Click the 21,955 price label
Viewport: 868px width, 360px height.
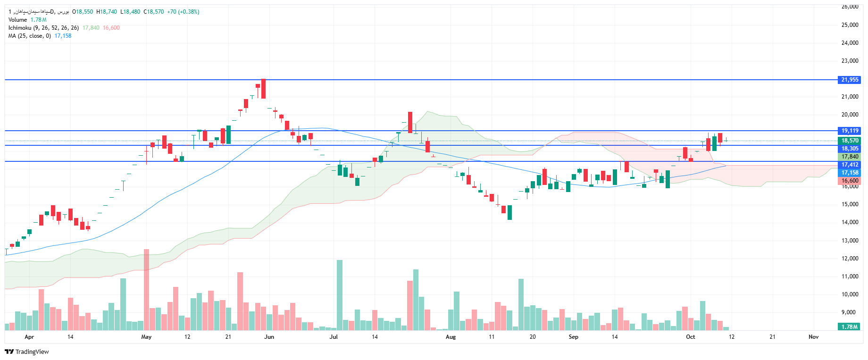(x=850, y=80)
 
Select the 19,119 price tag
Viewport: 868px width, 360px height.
(x=850, y=131)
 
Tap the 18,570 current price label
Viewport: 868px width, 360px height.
(x=850, y=141)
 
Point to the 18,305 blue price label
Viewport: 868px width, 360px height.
(x=850, y=149)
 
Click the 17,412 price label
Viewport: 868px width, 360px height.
(x=850, y=165)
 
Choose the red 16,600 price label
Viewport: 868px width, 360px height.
(x=850, y=181)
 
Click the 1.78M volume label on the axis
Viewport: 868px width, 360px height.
(x=850, y=327)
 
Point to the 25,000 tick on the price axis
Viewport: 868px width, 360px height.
(x=850, y=25)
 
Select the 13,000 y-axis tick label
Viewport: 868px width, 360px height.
(x=850, y=241)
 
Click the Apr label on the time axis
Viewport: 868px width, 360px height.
(x=29, y=337)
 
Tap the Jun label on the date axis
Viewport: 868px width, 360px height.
(x=269, y=337)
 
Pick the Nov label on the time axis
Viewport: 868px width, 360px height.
(x=813, y=337)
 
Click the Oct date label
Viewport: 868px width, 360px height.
(x=690, y=337)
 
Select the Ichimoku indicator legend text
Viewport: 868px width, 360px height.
(x=43, y=28)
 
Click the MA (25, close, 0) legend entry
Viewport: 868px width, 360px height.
(x=29, y=36)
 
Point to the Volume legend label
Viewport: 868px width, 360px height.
(x=17, y=20)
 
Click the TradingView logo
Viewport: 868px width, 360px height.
(x=27, y=352)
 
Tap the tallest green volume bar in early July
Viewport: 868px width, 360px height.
(x=340, y=294)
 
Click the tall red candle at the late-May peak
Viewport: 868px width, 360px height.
(x=263, y=89)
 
